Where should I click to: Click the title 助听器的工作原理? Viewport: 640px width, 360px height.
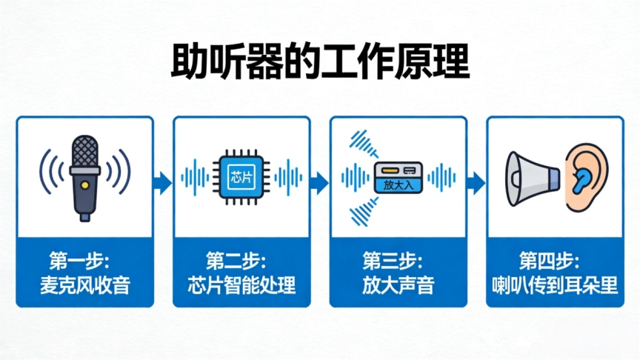coord(320,62)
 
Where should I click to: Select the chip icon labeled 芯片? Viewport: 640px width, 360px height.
coord(241,177)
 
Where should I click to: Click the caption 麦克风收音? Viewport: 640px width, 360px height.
coord(84,285)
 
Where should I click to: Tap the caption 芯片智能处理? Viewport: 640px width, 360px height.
coord(241,285)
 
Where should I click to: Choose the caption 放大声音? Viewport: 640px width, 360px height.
coord(399,285)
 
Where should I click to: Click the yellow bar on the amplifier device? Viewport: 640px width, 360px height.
coord(387,171)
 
